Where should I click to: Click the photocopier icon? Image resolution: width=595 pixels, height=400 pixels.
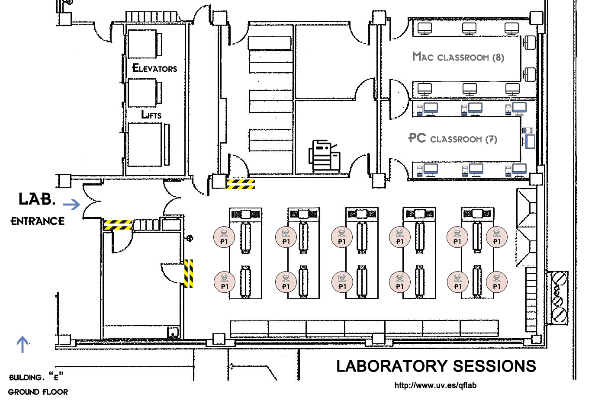tap(324, 156)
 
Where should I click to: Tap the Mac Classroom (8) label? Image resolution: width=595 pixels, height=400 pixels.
tap(458, 57)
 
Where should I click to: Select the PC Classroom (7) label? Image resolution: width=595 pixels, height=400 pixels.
tap(453, 138)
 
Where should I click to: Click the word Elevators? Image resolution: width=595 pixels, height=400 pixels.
tap(154, 68)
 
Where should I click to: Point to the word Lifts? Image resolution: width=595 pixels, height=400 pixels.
tap(151, 115)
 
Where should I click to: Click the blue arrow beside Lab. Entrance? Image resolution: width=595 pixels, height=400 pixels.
tap(71, 205)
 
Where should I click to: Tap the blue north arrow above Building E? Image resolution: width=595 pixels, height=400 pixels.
tap(23, 345)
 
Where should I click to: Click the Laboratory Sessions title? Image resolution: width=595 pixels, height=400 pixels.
tap(436, 366)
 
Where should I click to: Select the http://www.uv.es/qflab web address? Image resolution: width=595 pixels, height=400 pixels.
tap(435, 385)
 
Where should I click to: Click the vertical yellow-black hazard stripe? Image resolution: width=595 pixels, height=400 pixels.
tap(189, 274)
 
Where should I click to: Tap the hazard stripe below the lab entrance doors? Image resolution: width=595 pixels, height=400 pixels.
tap(118, 225)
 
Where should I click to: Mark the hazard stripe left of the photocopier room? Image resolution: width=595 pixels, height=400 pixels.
tap(241, 184)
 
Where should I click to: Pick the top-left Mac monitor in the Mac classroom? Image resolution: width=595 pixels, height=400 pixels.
tap(425, 29)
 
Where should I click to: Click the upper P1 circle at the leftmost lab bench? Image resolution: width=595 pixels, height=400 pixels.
tap(224, 237)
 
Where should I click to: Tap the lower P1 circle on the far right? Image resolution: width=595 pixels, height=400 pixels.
tap(497, 282)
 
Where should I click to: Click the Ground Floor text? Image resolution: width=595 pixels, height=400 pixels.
tap(38, 392)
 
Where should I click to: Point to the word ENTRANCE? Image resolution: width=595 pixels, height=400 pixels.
tap(38, 221)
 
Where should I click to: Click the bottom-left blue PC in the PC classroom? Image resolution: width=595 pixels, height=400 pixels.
tap(428, 170)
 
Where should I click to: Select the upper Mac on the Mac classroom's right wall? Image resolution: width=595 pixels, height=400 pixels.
tap(529, 42)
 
